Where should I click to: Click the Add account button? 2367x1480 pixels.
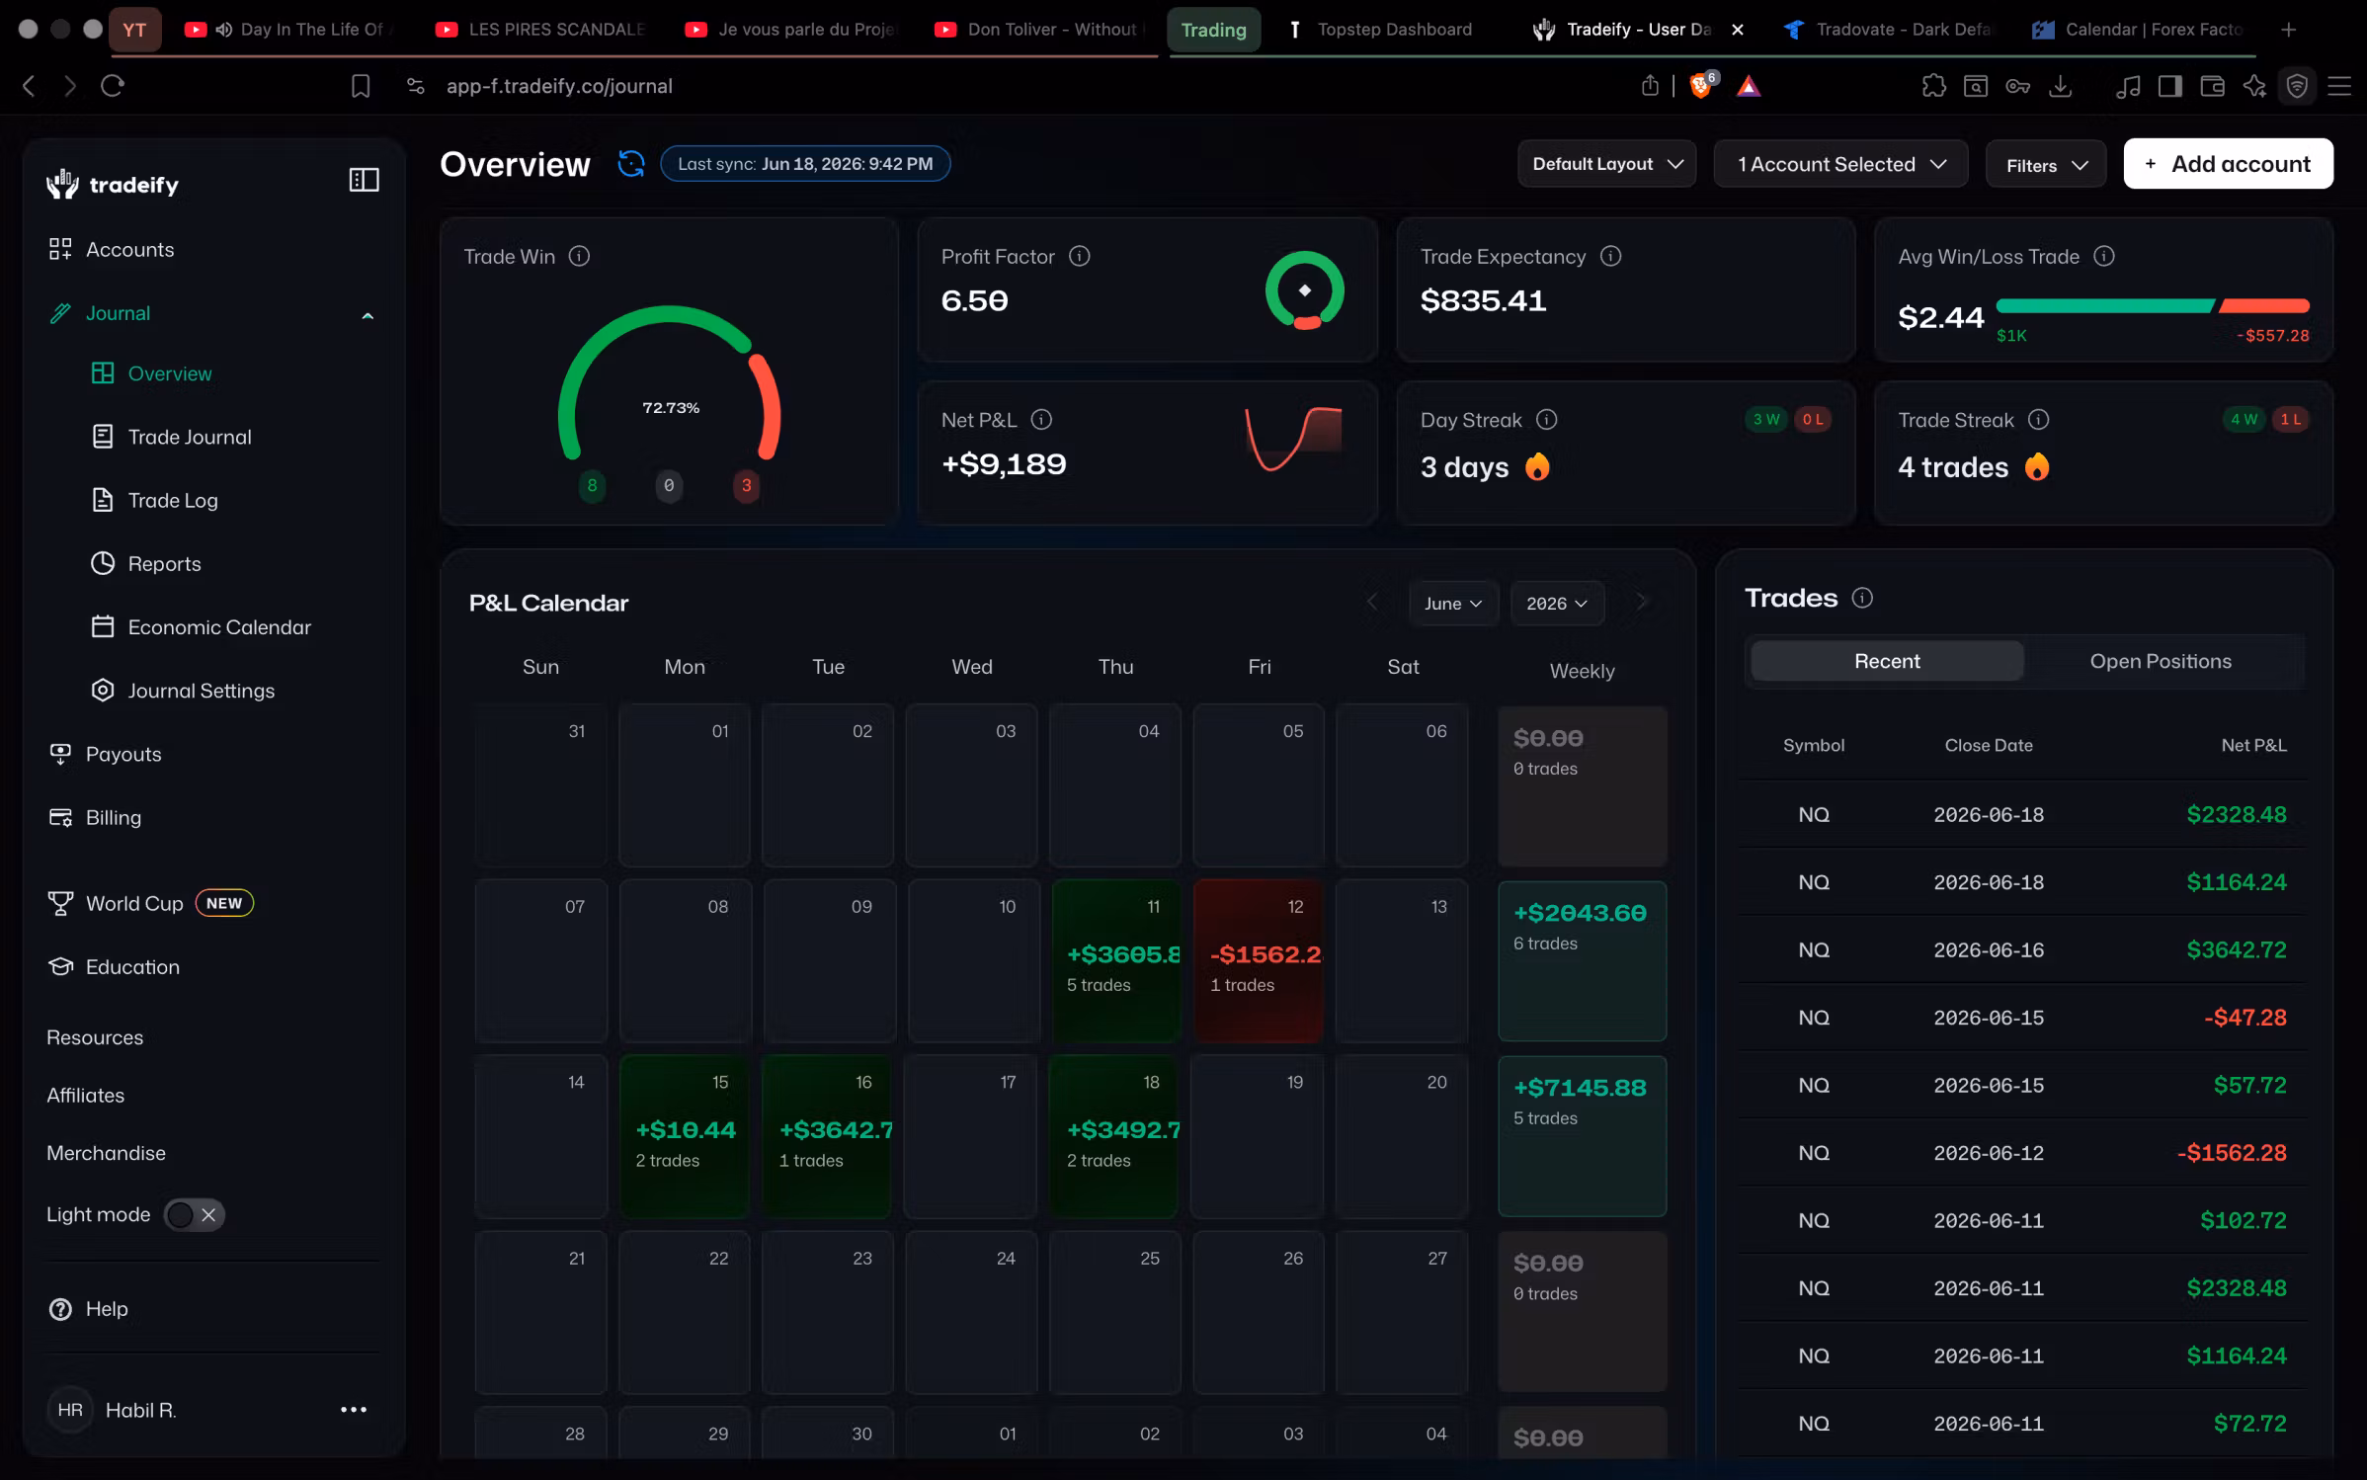pos(2228,164)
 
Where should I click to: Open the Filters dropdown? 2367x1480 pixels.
pos(2045,165)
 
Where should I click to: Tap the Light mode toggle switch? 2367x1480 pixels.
pos(194,1214)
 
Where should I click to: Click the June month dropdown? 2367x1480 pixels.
pos(1453,603)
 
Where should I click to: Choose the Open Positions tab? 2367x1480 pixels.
pos(2161,661)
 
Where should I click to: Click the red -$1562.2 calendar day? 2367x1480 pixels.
pos(1259,960)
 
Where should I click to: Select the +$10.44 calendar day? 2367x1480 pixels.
pos(685,1136)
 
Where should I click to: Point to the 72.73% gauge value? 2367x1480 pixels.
pos(671,408)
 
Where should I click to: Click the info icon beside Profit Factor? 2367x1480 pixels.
pos(1080,256)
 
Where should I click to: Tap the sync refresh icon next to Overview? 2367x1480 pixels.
pos(631,163)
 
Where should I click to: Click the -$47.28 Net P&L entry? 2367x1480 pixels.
pos(2245,1018)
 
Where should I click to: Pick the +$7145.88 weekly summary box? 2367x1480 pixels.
pos(1582,1136)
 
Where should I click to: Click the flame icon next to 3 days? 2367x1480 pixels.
pos(1537,466)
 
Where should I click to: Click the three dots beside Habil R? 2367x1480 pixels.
pos(354,1410)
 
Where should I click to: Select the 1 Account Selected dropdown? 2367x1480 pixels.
pos(1840,164)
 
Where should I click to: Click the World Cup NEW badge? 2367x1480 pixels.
pos(224,903)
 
